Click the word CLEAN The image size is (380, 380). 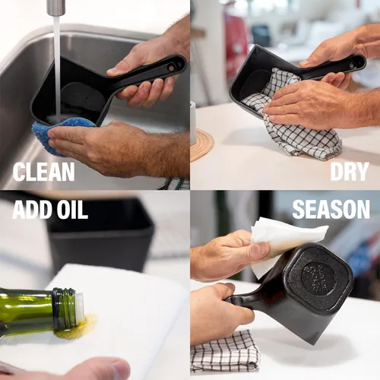(44, 172)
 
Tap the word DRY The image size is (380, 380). (350, 172)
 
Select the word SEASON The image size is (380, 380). (331, 210)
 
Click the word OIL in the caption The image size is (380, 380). (72, 210)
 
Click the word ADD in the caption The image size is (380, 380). (33, 210)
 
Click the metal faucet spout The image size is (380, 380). (55, 7)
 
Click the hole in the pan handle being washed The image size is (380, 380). (172, 68)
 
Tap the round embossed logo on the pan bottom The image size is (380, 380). (318, 278)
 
